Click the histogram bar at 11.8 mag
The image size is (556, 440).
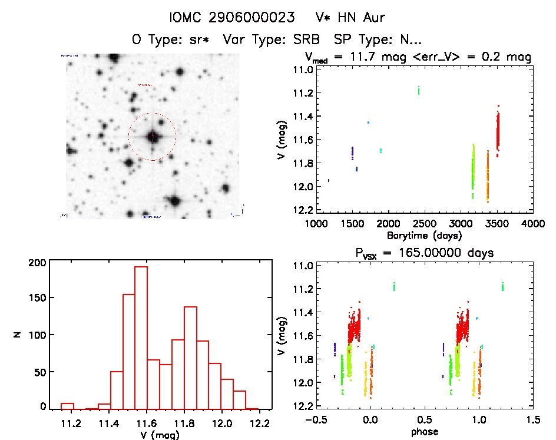[x=190, y=357]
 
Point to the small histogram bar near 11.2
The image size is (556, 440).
[x=67, y=406]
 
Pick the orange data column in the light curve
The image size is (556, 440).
[x=488, y=177]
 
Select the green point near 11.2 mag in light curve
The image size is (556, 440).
[x=419, y=90]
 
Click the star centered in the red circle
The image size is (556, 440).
[x=152, y=137]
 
